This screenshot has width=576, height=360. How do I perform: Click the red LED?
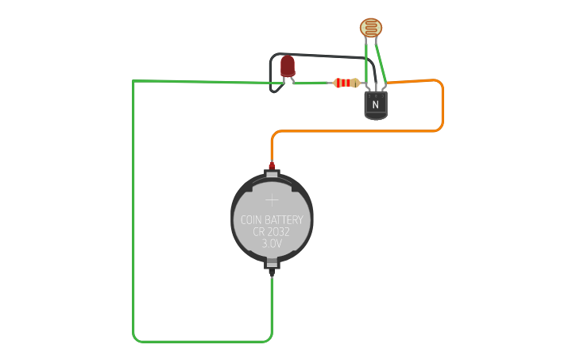point(288,65)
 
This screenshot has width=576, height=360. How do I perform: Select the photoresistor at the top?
point(370,28)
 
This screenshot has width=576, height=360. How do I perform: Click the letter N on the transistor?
point(375,103)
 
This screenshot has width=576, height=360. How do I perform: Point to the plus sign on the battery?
point(272,200)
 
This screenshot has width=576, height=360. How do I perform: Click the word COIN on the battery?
point(253,219)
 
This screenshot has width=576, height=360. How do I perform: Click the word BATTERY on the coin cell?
point(284,219)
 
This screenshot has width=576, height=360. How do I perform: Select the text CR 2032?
point(272,231)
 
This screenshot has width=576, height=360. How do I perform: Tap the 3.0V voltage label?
point(272,243)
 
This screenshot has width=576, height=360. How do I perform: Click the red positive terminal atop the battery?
point(272,166)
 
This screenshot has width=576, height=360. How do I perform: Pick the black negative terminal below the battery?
point(272,272)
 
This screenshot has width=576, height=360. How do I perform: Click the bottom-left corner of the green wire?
point(135,339)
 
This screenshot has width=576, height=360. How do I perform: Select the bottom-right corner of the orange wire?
point(441,129)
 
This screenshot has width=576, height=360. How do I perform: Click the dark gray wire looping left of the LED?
point(273,72)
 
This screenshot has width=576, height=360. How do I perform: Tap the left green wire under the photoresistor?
point(366,64)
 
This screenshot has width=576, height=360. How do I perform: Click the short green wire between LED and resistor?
point(311,83)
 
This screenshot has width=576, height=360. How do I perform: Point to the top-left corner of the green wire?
point(133,82)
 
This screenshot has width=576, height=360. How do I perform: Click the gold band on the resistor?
point(354,83)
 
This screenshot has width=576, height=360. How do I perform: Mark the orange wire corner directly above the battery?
point(273,134)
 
